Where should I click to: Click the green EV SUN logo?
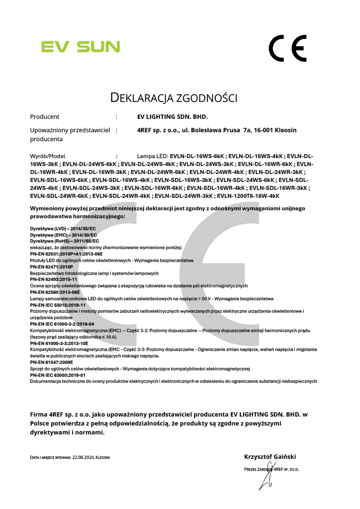(x=80, y=47)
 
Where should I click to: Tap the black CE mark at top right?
(x=288, y=47)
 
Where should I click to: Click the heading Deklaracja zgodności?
(x=174, y=97)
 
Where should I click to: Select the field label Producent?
(x=45, y=117)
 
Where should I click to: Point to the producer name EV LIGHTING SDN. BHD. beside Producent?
(x=172, y=117)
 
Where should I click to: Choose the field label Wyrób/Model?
(x=48, y=156)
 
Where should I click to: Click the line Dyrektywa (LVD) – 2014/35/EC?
(x=63, y=228)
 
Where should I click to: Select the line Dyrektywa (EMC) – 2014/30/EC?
(x=63, y=234)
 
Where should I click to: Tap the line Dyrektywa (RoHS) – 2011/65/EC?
(x=65, y=241)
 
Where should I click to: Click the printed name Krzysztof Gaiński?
(x=270, y=456)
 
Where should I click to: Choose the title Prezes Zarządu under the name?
(x=258, y=469)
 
